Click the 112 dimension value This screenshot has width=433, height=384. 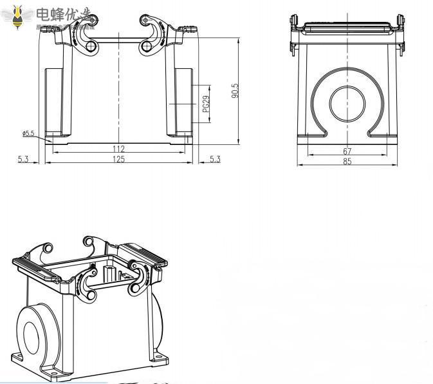point(118,148)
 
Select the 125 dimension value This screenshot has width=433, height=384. point(118,159)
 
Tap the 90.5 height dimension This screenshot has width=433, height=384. point(235,90)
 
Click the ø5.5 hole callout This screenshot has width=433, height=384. point(28,133)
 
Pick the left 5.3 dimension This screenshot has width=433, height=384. point(23,159)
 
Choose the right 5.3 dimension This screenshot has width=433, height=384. point(215,159)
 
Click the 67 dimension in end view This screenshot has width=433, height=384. point(347,151)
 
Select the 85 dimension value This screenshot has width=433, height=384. point(347,162)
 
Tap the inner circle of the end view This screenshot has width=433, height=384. point(348,103)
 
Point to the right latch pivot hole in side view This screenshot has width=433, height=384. point(145,46)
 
